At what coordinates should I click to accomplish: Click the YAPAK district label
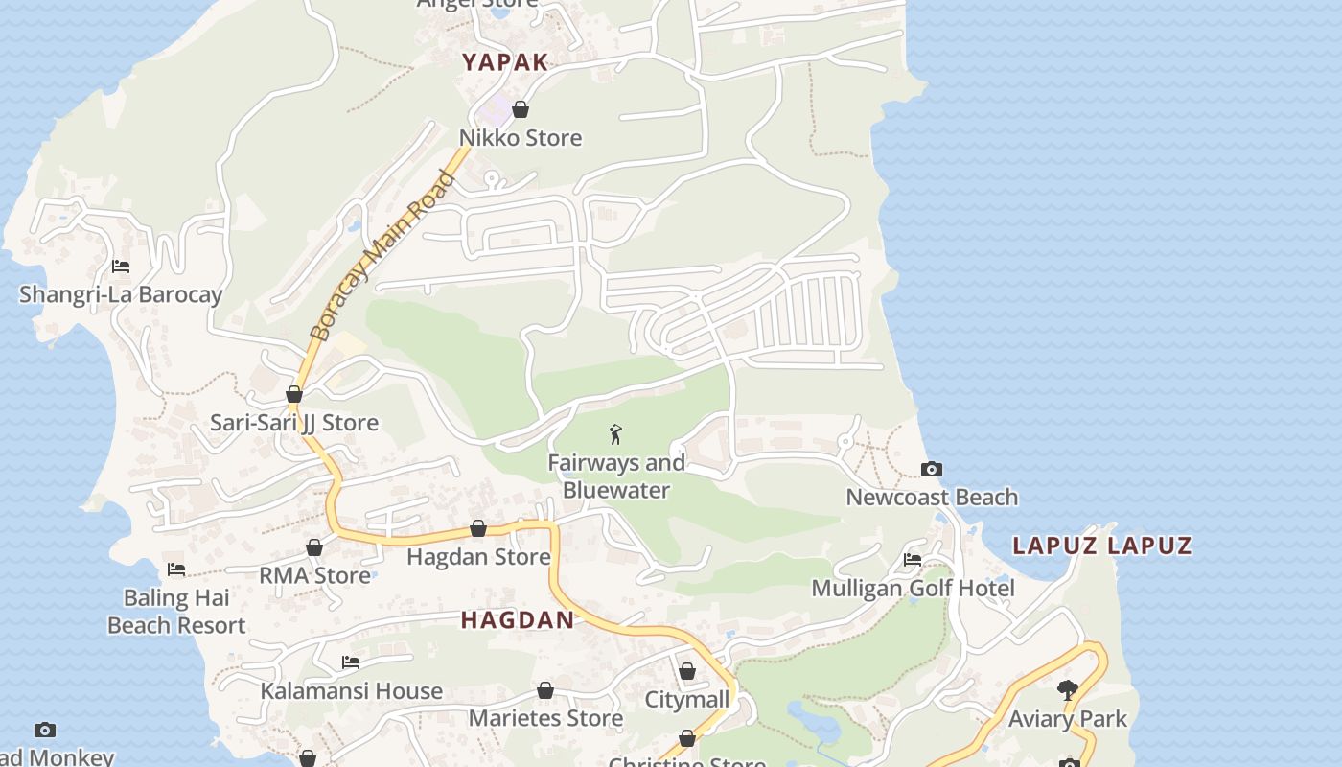click(x=505, y=62)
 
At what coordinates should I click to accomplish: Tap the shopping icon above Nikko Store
click(x=521, y=110)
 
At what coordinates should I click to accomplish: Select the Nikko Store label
click(x=521, y=138)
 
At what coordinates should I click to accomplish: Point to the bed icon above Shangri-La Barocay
click(x=121, y=267)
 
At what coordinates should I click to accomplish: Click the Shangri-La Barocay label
click(x=121, y=294)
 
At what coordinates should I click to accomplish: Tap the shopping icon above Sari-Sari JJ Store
click(x=294, y=395)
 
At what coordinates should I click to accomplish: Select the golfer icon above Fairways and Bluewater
click(x=615, y=434)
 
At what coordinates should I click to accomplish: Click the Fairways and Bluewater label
click(x=616, y=476)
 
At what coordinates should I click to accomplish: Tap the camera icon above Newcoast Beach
click(x=931, y=469)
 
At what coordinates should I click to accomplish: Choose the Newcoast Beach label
click(x=932, y=497)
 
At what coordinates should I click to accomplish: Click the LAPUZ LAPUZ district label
click(x=1102, y=546)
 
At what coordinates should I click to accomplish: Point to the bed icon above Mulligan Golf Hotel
click(x=913, y=560)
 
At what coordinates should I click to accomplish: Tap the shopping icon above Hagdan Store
click(x=478, y=529)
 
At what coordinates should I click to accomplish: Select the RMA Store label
click(x=314, y=575)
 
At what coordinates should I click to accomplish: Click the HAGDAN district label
click(x=518, y=619)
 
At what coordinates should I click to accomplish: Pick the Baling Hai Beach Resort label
click(x=176, y=612)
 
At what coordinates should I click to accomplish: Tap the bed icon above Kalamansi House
click(x=351, y=662)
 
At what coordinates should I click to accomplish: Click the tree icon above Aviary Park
click(x=1067, y=690)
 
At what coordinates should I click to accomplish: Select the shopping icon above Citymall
click(x=687, y=672)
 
